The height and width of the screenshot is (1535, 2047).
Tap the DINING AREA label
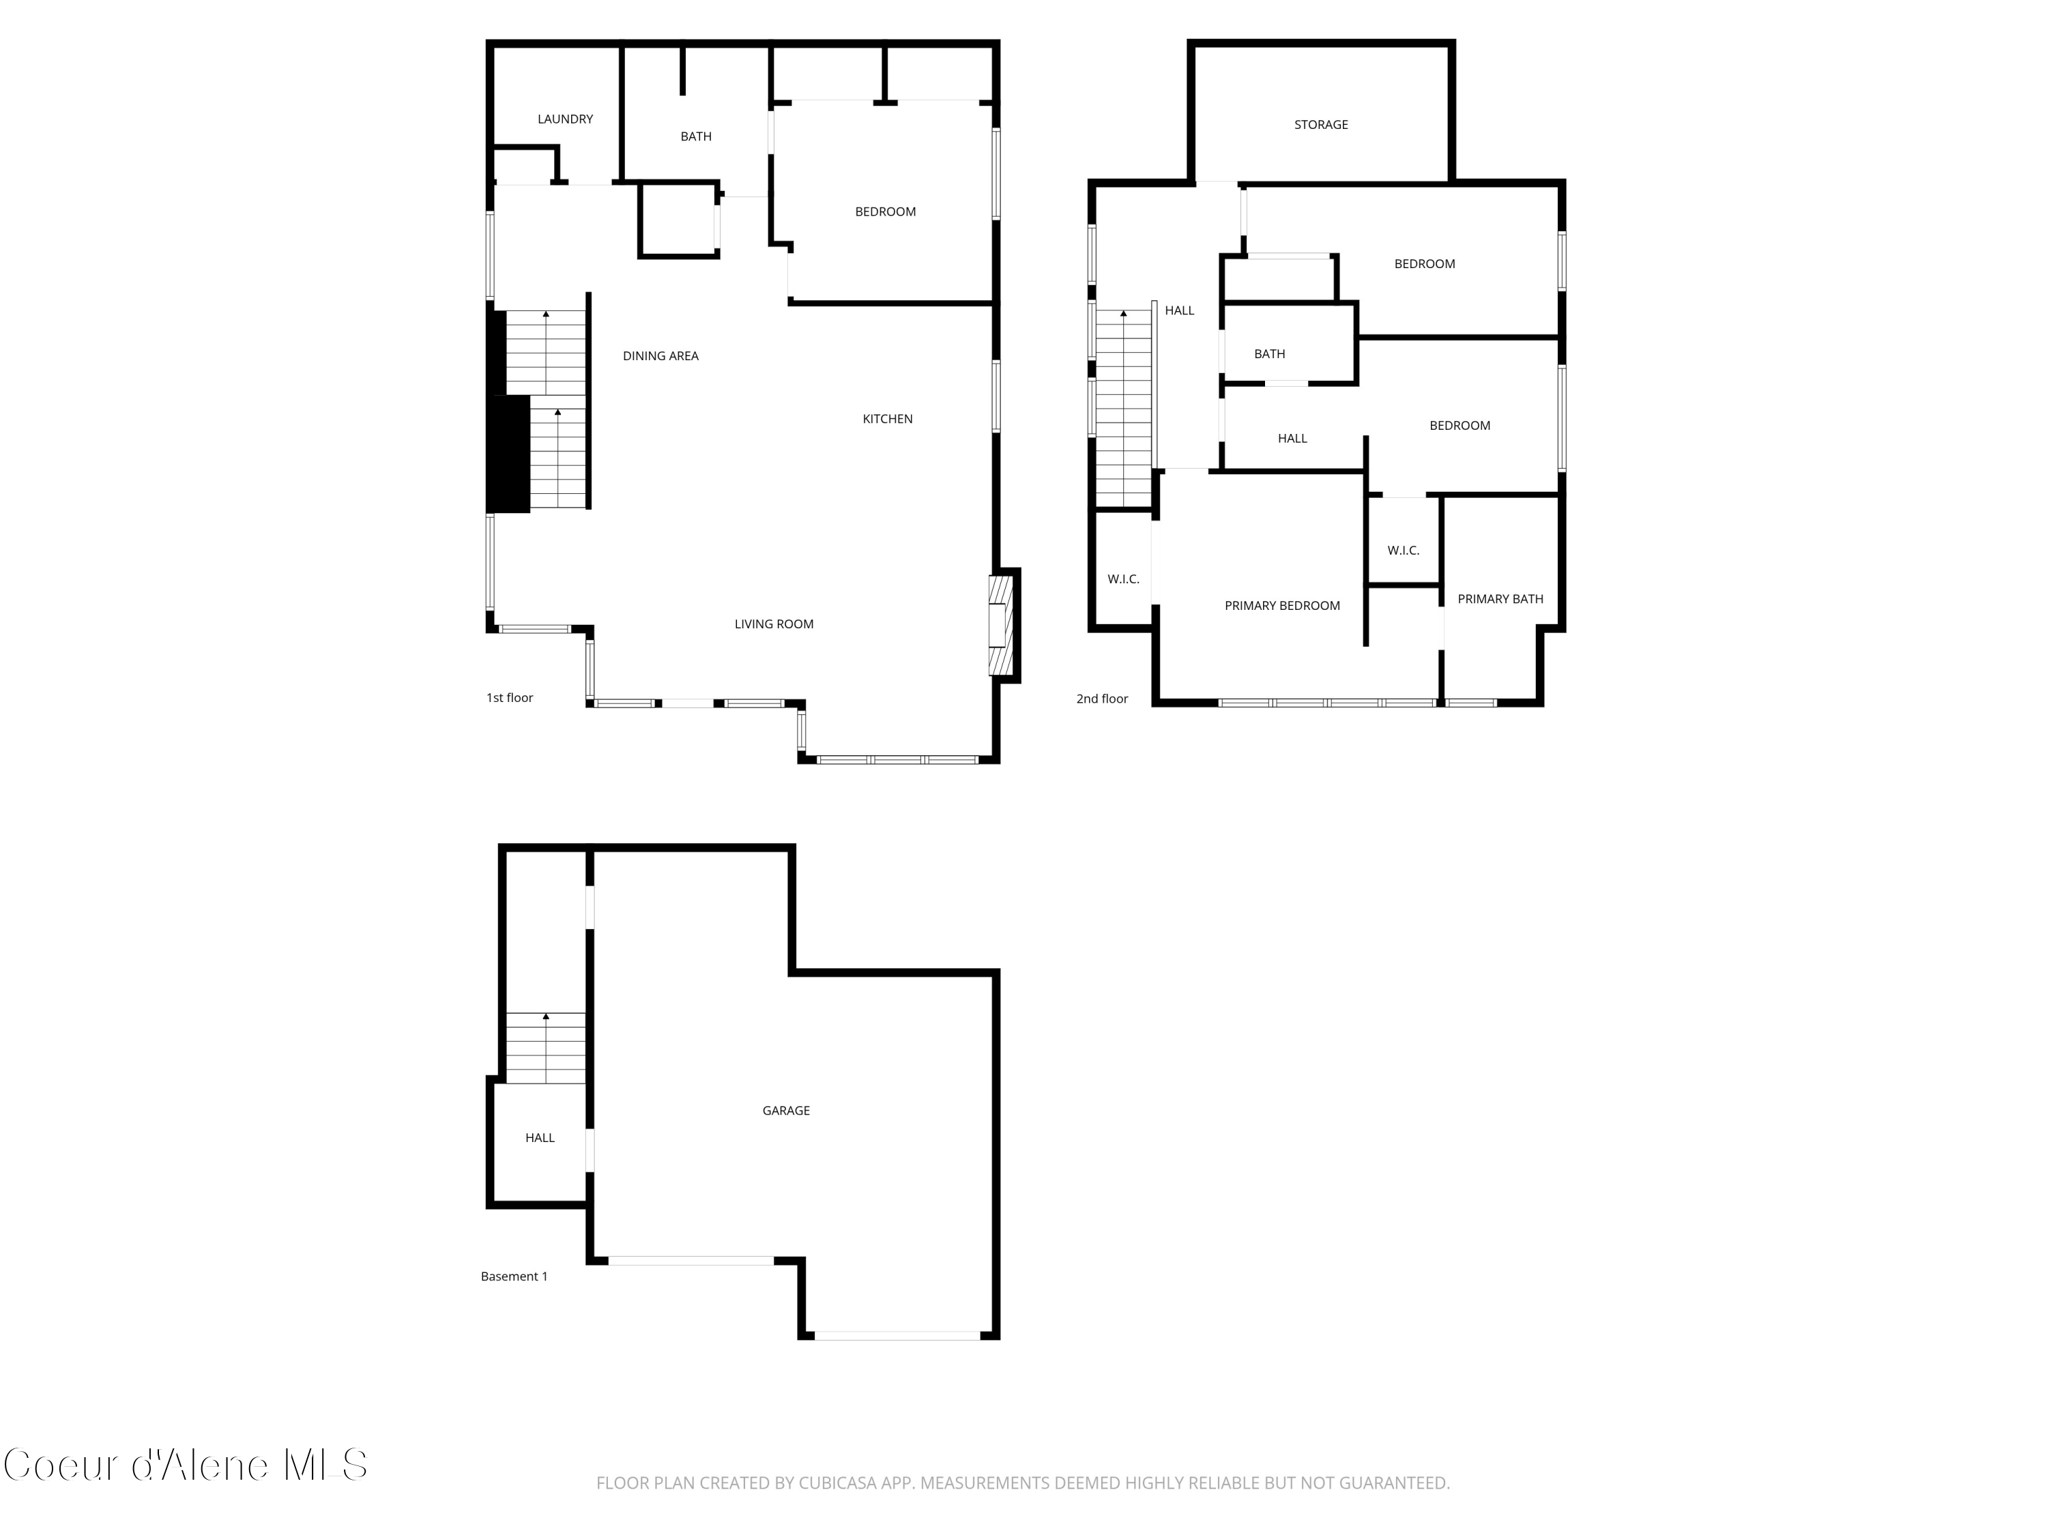point(660,356)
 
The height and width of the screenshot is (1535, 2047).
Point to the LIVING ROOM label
point(774,624)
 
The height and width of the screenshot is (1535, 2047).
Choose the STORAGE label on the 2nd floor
point(1320,125)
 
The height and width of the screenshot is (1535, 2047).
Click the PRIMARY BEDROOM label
point(1281,606)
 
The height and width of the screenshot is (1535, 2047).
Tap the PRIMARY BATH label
point(1499,600)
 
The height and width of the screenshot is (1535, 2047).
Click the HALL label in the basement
point(540,1138)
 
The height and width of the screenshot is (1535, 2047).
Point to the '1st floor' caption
point(510,698)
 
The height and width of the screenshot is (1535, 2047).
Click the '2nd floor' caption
point(1101,699)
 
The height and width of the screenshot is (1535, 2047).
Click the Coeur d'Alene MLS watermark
point(185,1465)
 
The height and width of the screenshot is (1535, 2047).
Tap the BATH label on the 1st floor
point(696,137)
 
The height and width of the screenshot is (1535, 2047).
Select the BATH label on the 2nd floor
point(1268,354)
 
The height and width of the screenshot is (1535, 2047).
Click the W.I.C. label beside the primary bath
point(1403,551)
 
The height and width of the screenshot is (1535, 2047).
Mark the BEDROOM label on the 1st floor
point(885,212)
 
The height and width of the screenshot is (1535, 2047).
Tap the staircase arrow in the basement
point(546,1017)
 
